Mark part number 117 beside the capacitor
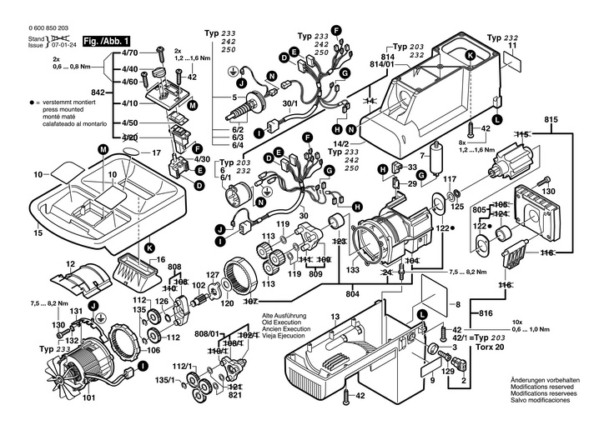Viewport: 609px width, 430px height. (450, 179)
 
